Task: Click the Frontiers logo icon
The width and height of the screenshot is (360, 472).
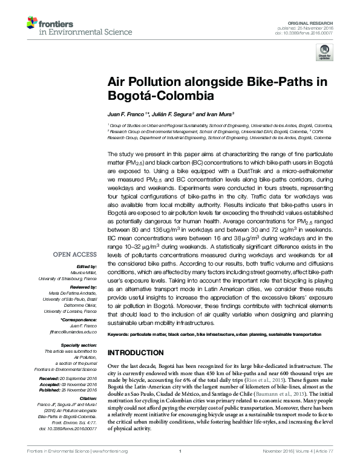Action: coord(31,23)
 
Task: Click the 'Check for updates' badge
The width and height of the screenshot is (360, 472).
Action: coord(326,54)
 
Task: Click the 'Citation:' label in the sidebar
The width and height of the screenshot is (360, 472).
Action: coord(89,399)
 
